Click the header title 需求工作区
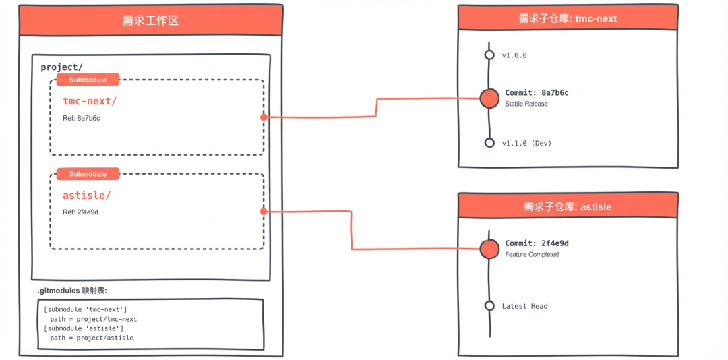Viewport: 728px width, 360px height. tap(150, 20)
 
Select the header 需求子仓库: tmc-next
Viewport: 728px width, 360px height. tap(568, 18)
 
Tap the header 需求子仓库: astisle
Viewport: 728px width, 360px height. tap(568, 206)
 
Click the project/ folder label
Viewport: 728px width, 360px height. tap(61, 67)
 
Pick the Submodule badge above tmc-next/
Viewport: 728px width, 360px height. tap(88, 80)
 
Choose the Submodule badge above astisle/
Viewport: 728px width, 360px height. tap(88, 174)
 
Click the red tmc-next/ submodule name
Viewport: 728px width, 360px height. tap(90, 101)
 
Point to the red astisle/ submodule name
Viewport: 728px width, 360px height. tap(86, 196)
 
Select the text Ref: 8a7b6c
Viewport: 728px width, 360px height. tap(82, 118)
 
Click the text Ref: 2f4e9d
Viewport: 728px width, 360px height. tap(81, 212)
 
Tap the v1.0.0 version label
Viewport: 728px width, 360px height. tap(514, 55)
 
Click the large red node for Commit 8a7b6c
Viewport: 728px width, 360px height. tap(489, 98)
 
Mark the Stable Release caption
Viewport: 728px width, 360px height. tap(526, 104)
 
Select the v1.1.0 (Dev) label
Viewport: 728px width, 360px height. tap(526, 143)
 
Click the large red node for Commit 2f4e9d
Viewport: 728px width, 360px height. tap(489, 249)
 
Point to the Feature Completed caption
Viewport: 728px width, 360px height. tap(532, 254)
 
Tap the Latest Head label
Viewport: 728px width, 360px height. tap(524, 306)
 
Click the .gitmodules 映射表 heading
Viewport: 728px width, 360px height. tap(72, 291)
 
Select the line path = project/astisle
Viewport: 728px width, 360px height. tap(91, 338)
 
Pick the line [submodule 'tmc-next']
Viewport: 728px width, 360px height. tap(86, 309)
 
